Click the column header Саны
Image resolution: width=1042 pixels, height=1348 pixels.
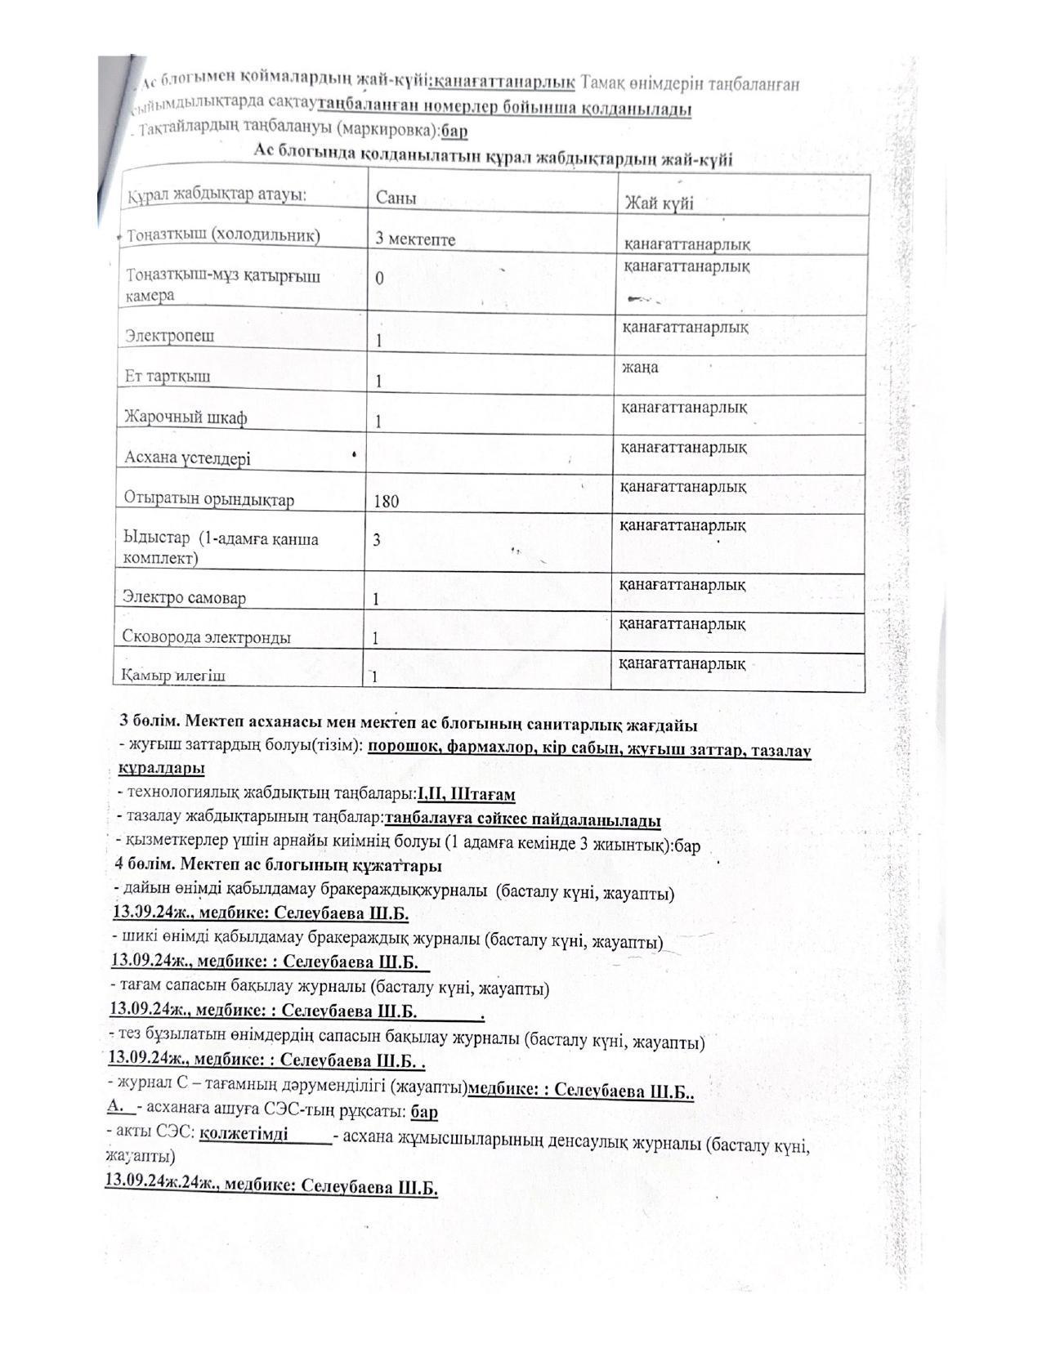(396, 199)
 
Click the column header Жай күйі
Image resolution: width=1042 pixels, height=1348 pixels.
(659, 203)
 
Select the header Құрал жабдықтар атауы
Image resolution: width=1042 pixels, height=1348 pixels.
(217, 196)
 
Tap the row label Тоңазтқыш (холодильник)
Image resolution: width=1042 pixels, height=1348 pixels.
(223, 235)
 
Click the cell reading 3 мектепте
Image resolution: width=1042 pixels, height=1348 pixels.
(415, 239)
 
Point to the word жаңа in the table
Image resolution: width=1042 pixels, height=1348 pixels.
(640, 367)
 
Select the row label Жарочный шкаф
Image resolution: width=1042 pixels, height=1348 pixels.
(186, 417)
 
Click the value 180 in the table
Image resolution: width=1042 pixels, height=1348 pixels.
(387, 501)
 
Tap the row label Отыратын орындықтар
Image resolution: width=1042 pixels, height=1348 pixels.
(208, 498)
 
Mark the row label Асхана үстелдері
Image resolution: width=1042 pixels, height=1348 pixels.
(187, 458)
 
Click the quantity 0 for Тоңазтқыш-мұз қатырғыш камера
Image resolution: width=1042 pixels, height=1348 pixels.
(379, 279)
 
